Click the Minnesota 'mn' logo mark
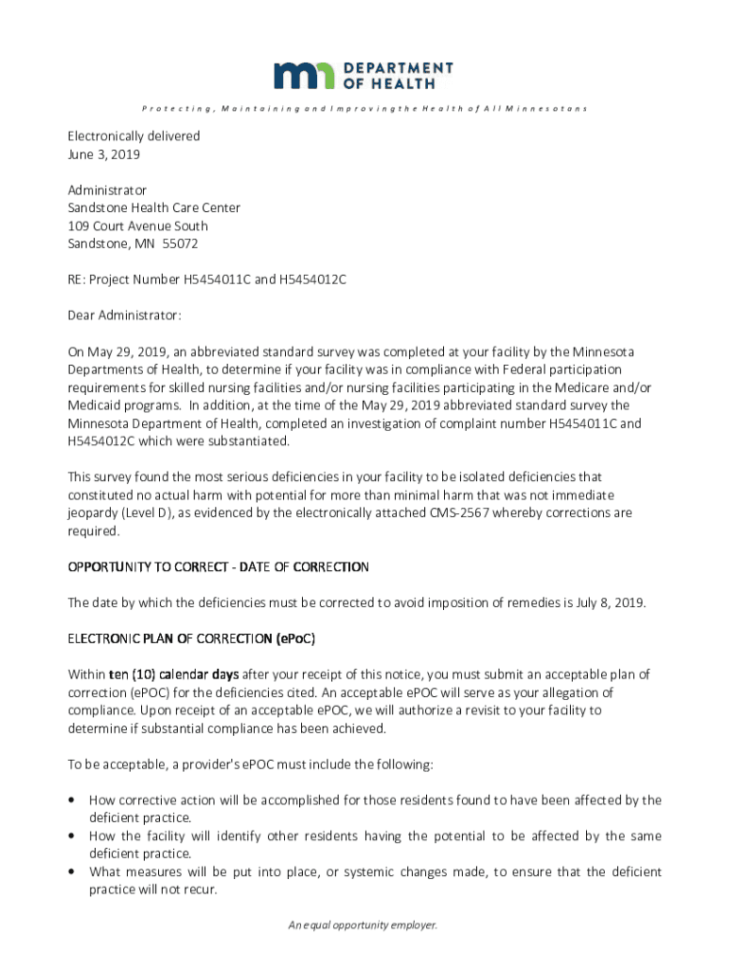(304, 76)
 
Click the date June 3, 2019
(104, 153)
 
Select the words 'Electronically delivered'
(133, 135)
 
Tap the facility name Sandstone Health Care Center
(153, 207)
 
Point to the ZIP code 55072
(180, 243)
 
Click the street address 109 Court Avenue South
(137, 225)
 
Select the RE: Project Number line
(206, 279)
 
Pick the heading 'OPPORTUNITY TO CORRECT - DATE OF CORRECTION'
(218, 566)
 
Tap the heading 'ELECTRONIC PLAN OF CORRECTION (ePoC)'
(191, 638)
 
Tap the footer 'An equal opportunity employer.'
(364, 925)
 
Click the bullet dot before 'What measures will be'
(71, 871)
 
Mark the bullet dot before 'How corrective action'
(71, 800)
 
